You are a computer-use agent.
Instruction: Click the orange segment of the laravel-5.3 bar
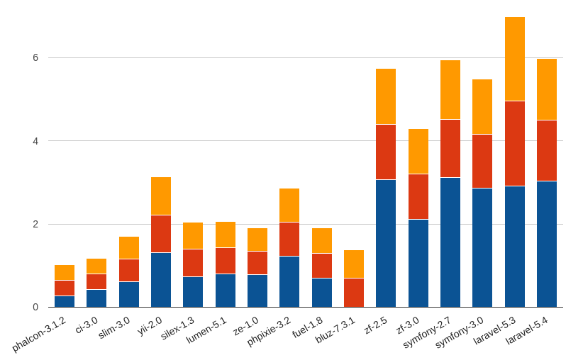tap(515, 59)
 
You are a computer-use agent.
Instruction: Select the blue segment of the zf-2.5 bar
tap(386, 243)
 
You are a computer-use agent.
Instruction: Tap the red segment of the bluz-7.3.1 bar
tap(354, 292)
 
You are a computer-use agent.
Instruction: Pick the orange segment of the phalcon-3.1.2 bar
tap(65, 272)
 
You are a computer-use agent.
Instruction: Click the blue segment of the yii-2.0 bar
tap(161, 279)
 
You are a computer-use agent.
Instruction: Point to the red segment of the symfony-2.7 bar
tap(450, 148)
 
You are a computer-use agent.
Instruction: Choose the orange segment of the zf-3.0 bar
tap(418, 151)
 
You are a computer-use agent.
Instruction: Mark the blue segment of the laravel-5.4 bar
tap(547, 244)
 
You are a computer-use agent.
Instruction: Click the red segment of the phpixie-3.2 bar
tap(289, 239)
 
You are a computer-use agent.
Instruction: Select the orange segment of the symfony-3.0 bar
tap(482, 106)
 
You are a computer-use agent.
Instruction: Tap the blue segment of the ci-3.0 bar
tap(96, 298)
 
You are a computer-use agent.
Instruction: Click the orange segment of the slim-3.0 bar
tap(129, 247)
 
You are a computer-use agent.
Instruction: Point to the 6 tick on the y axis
tap(35, 57)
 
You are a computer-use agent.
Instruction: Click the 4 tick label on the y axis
tap(35, 141)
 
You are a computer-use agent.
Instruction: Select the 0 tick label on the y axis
tap(35, 307)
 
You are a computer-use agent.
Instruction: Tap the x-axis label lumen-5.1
tap(207, 330)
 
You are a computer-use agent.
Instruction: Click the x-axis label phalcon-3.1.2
tap(40, 334)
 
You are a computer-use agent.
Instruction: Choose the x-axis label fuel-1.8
tap(307, 328)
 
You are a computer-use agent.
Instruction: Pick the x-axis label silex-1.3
tap(177, 329)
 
